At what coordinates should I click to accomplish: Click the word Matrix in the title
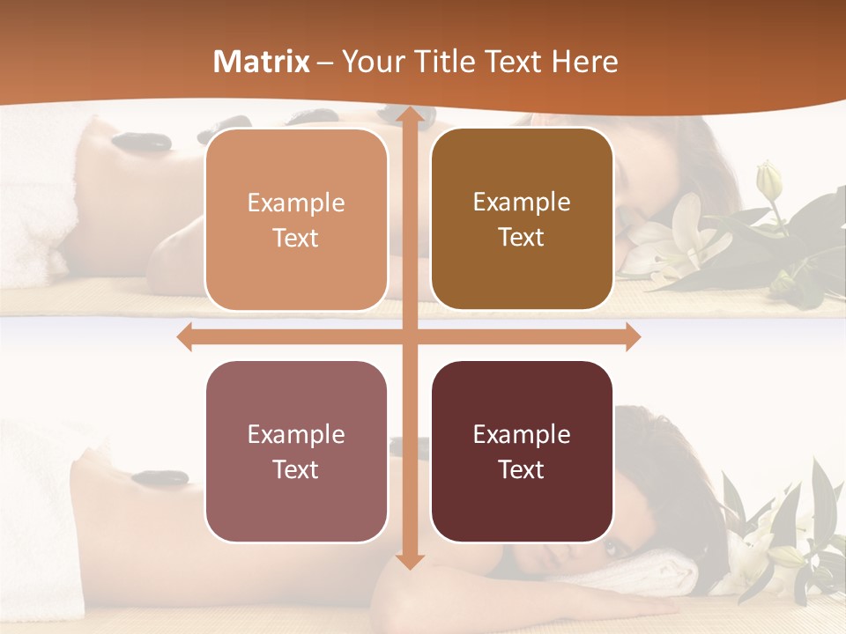click(x=262, y=62)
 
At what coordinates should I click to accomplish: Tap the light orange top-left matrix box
click(x=296, y=219)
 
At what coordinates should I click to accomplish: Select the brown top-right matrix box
click(x=522, y=219)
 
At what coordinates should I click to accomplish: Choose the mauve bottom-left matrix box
click(x=296, y=451)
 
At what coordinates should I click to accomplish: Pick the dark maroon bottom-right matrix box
click(x=522, y=451)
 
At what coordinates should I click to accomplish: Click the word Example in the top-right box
click(x=522, y=202)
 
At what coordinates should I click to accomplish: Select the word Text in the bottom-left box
click(x=296, y=469)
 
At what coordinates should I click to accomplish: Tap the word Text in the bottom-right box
click(x=522, y=469)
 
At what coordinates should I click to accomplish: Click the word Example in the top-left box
click(x=296, y=203)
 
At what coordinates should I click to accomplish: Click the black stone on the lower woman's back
click(x=160, y=478)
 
